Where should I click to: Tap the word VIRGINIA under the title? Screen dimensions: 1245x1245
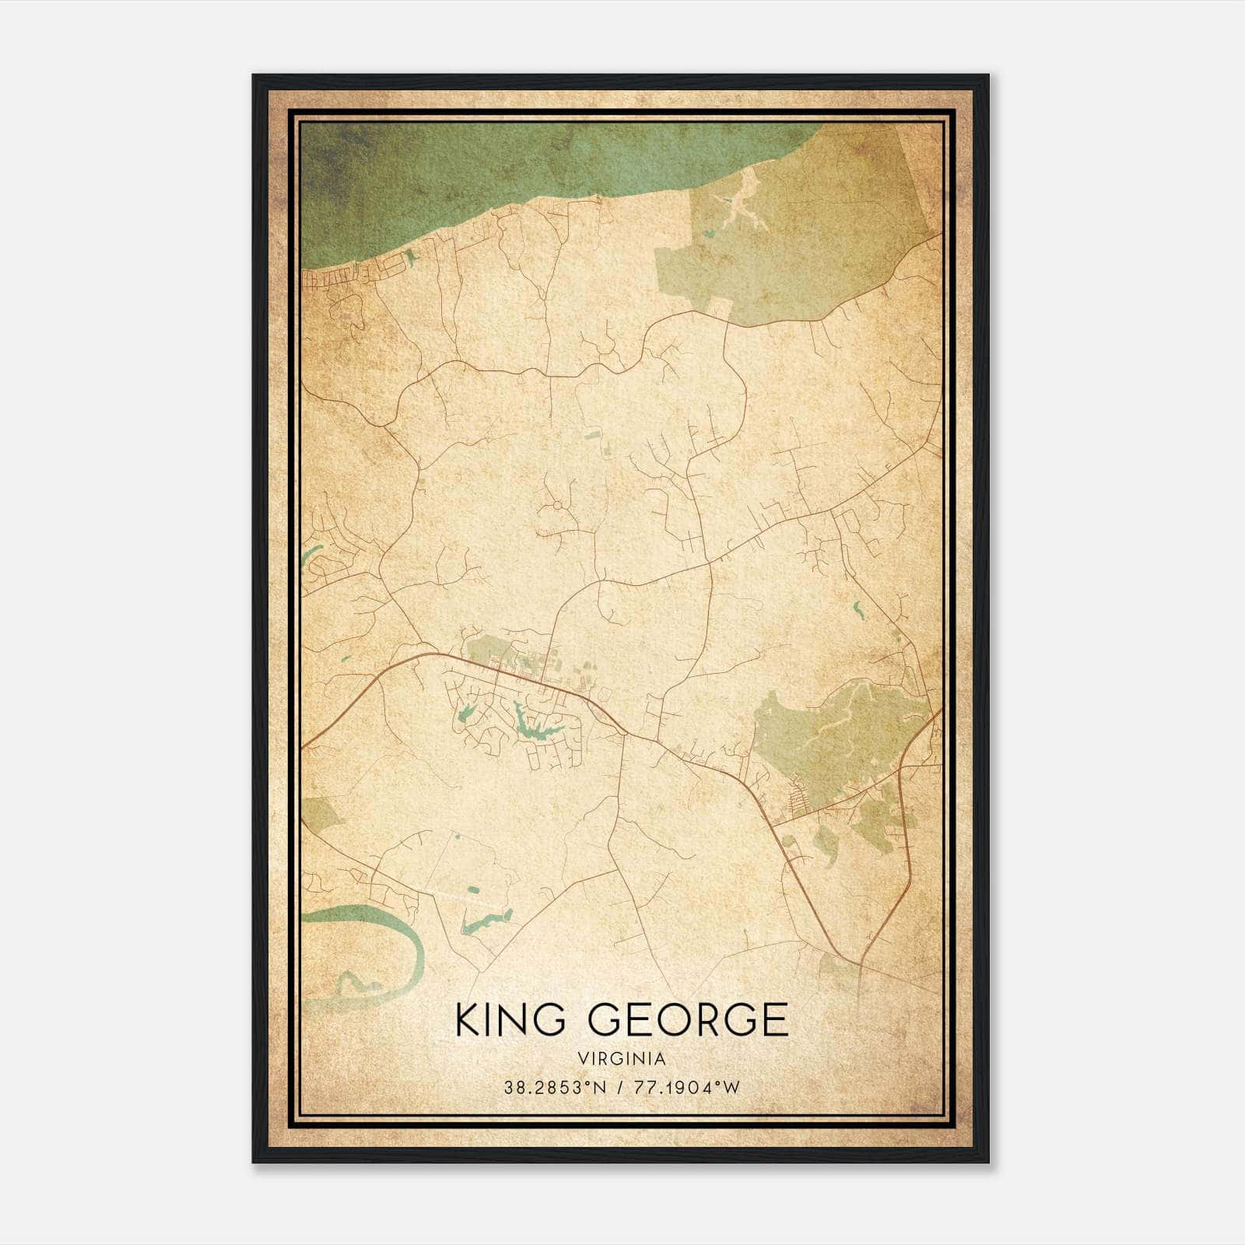(x=622, y=1059)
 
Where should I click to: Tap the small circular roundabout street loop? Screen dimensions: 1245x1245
(x=557, y=506)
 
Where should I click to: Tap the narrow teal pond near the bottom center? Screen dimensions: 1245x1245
(x=486, y=923)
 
